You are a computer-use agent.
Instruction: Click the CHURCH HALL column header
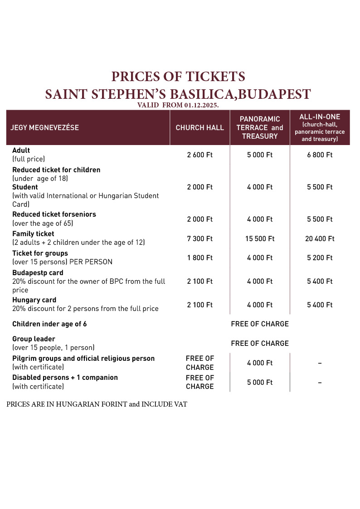(x=199, y=128)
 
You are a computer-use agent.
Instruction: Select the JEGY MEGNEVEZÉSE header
(x=44, y=128)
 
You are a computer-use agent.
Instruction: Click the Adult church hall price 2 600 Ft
(x=199, y=155)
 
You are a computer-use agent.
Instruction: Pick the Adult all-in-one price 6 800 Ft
(x=320, y=155)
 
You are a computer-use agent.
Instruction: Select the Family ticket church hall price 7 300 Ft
(x=199, y=238)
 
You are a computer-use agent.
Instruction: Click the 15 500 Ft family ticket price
(x=260, y=238)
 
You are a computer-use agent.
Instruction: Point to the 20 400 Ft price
(x=320, y=238)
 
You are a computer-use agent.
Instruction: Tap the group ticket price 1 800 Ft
(x=199, y=258)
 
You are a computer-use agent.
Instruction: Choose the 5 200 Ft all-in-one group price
(x=320, y=258)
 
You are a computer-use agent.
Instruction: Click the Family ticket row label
(x=33, y=234)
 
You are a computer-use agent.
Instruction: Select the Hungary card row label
(x=34, y=300)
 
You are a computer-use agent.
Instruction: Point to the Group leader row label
(x=34, y=339)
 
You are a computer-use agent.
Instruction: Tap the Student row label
(x=25, y=187)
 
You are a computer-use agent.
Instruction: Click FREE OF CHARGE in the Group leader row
(x=260, y=344)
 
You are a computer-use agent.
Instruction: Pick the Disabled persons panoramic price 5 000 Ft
(x=260, y=383)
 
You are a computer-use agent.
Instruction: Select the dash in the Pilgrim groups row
(x=320, y=363)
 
